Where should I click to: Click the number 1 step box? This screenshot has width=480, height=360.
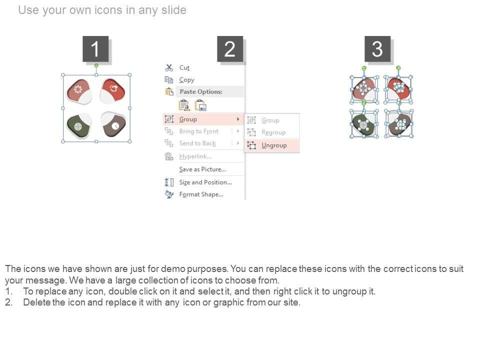point(95,49)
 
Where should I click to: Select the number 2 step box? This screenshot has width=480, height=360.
point(230,49)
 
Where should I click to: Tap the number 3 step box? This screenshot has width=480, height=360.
point(377,49)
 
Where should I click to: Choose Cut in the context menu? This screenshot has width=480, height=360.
point(184,67)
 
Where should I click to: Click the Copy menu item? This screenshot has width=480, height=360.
point(186,80)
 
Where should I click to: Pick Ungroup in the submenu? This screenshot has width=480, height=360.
point(274,145)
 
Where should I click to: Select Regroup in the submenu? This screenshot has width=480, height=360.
point(273,132)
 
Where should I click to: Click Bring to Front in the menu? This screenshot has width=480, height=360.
point(198,131)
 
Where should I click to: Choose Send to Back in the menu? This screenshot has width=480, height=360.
point(197,143)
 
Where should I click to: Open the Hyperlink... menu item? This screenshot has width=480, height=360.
point(195,156)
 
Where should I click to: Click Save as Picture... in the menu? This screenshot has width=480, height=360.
point(202,169)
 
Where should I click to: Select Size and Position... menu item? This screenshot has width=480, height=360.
point(205,182)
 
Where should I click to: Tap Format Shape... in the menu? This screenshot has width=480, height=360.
point(201,194)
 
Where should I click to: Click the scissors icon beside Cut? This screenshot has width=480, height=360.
point(169,67)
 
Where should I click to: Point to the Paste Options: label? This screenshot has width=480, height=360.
point(201,91)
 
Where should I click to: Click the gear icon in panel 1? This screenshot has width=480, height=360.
point(78,89)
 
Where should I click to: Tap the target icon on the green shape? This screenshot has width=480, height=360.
point(78,126)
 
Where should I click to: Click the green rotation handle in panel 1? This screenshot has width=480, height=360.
point(96,65)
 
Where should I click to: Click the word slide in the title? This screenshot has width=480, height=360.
point(173,10)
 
